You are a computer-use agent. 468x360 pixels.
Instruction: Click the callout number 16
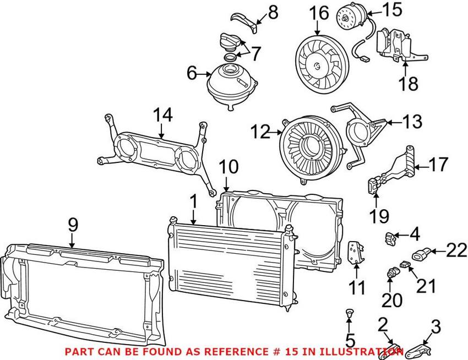[319, 14]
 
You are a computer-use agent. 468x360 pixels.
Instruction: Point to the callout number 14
[162, 116]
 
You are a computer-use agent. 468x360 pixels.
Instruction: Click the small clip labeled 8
[243, 22]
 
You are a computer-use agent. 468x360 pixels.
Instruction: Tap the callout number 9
[73, 225]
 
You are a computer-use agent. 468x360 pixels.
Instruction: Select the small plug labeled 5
[349, 313]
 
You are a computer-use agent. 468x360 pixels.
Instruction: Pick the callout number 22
[456, 250]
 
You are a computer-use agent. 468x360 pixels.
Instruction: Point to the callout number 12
[260, 132]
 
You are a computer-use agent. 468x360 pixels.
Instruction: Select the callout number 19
[379, 216]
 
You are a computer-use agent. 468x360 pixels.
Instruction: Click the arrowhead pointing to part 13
[388, 122]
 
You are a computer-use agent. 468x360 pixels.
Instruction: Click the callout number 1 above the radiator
[194, 201]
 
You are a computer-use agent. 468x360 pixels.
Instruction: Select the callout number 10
[228, 167]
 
